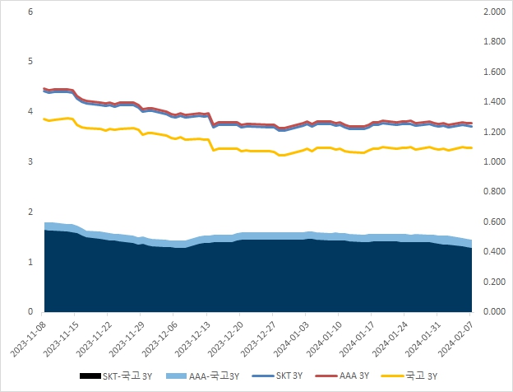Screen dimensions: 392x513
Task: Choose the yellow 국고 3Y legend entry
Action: point(412,377)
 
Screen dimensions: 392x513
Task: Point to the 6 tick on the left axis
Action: point(30,12)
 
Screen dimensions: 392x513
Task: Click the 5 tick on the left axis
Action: point(30,62)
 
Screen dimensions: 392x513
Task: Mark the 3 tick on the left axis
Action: point(30,162)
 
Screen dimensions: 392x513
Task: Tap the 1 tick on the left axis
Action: point(30,262)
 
